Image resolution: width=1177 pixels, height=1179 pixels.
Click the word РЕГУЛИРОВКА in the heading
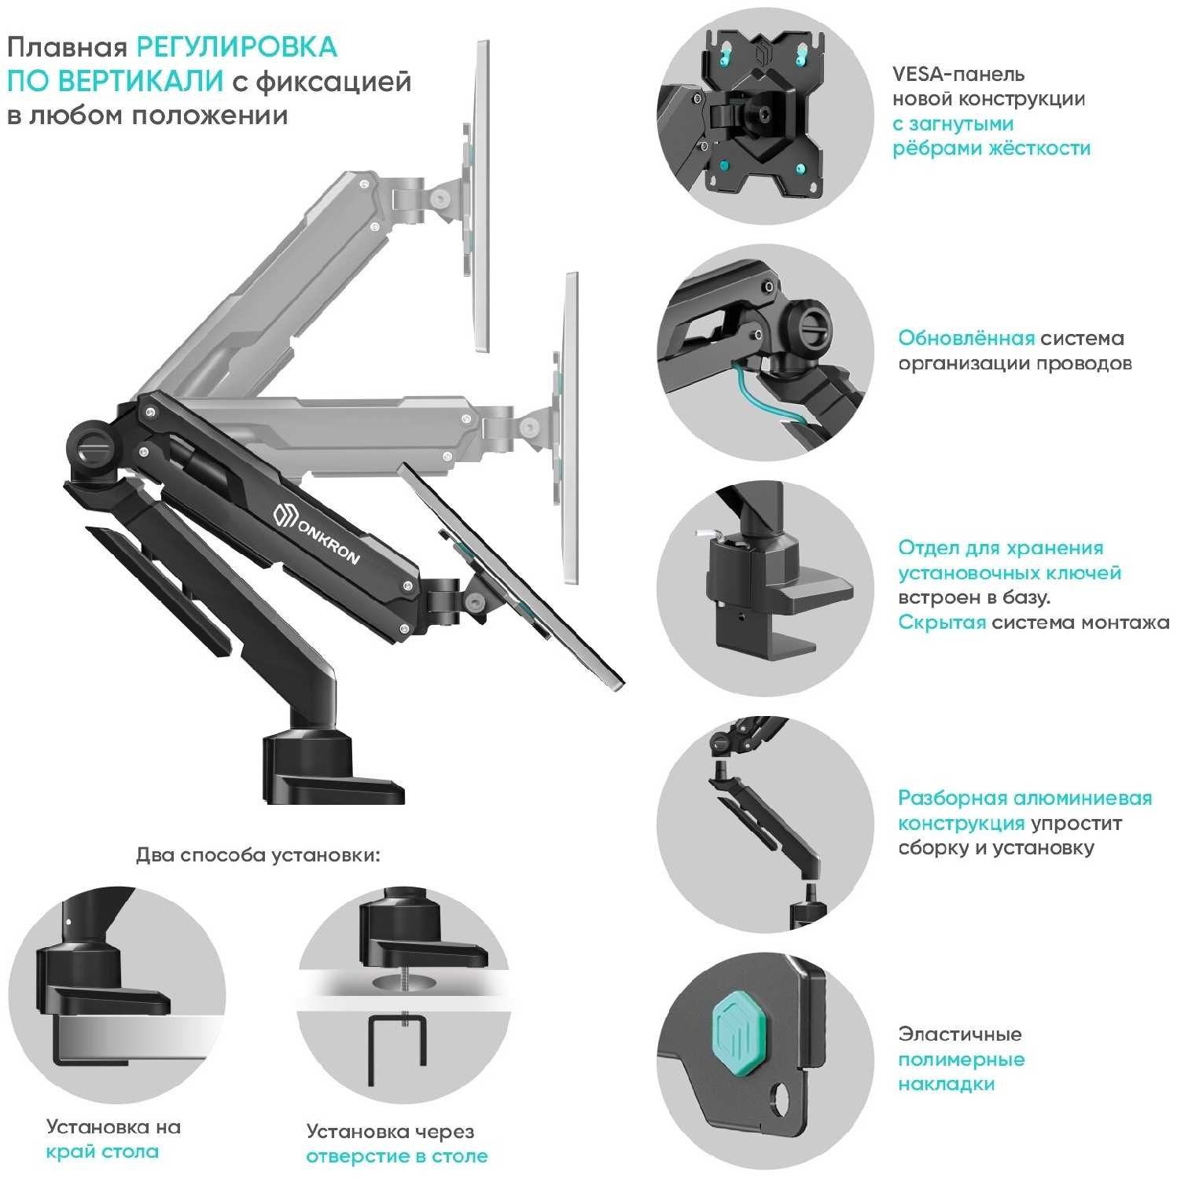pyautogui.click(x=237, y=47)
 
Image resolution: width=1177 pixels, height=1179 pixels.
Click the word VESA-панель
pyautogui.click(x=958, y=75)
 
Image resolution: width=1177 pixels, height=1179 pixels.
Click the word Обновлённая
pyautogui.click(x=966, y=338)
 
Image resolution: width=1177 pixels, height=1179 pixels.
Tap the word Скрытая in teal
pyautogui.click(x=941, y=623)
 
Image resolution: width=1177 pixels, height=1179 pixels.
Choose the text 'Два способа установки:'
pyautogui.click(x=258, y=855)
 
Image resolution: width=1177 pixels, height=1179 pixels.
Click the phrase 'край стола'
pyautogui.click(x=102, y=1152)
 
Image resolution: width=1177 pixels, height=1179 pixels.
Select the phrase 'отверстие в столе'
pyautogui.click(x=396, y=1157)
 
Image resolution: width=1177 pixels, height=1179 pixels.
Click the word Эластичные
pyautogui.click(x=959, y=1034)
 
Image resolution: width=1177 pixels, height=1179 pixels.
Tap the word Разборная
pyautogui.click(x=952, y=799)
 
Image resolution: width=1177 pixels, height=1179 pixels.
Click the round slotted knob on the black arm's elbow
pyautogui.click(x=92, y=446)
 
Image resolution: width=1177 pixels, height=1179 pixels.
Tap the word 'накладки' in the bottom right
pyautogui.click(x=946, y=1085)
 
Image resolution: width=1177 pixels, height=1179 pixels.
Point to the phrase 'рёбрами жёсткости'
pyautogui.click(x=991, y=149)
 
